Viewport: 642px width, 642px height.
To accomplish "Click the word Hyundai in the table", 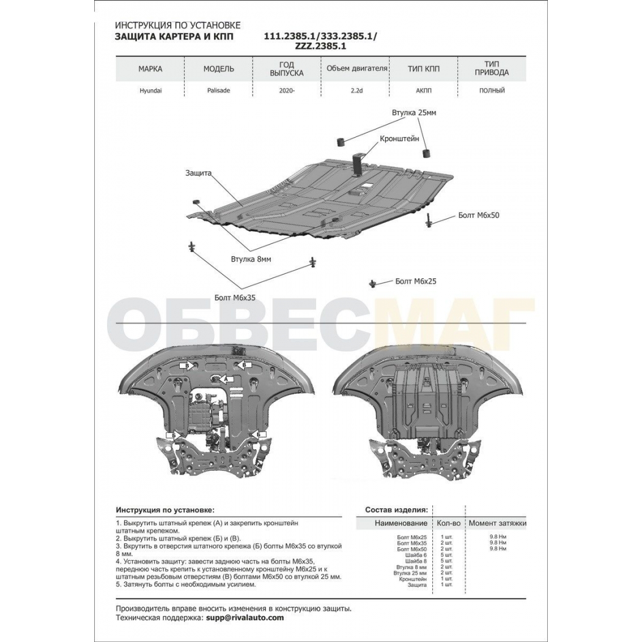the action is coord(150,90).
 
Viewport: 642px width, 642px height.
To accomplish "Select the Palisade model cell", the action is coord(219,90).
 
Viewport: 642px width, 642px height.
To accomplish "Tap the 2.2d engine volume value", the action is coord(356,90).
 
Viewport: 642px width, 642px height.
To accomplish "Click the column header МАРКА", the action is coord(150,68).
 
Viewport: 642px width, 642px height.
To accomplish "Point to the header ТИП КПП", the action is coord(423,68).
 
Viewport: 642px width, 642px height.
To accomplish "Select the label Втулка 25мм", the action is coord(413,113).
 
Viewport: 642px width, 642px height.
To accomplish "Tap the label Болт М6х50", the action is coord(478,215).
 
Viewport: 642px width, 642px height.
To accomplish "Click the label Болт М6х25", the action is coord(416,281).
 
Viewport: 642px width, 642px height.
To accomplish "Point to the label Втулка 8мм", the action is coord(251,259).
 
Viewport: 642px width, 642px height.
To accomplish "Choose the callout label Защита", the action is coord(198,173).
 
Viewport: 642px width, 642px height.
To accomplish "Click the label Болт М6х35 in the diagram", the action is coord(235,298).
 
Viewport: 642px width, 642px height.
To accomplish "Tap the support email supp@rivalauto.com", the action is coord(243,618).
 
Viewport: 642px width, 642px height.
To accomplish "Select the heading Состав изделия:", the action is coord(396,510).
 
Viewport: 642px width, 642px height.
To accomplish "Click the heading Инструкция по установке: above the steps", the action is coord(165,510).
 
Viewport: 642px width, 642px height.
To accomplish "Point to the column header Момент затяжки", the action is coord(498,523).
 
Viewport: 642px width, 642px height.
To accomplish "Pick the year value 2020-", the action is coord(287,90).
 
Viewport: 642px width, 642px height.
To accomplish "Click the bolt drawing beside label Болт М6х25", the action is coord(372,283).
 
